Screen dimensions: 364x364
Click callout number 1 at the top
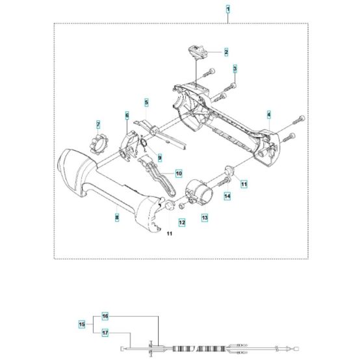[x=227, y=9]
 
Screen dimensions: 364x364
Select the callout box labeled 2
[x=226, y=51]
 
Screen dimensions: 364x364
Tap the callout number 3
[x=235, y=69]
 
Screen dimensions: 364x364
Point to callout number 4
[x=268, y=114]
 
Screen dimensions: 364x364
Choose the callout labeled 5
[x=146, y=103]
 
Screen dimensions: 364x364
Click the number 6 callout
[x=127, y=115]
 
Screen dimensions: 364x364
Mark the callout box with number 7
[x=98, y=125]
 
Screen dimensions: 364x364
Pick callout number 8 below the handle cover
[x=117, y=218]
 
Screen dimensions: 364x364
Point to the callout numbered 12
[x=182, y=222]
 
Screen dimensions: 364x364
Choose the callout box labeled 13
[x=203, y=216]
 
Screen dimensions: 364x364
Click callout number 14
[x=227, y=195]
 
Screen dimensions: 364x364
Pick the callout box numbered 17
[x=105, y=332]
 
